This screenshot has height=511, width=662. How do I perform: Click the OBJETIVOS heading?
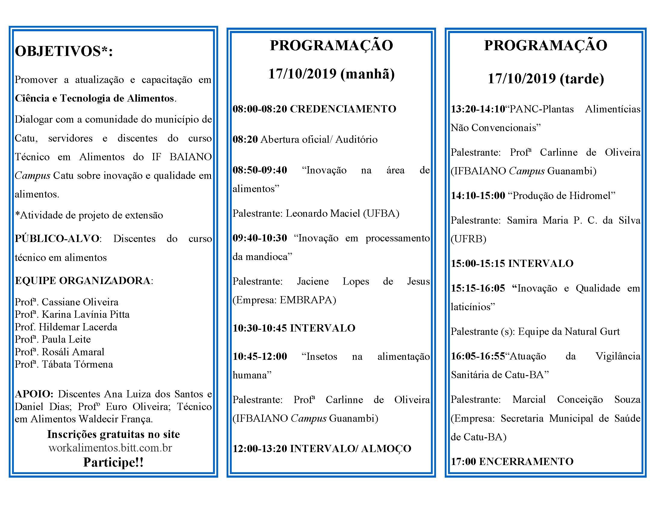coord(64,51)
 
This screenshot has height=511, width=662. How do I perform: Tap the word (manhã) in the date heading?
coord(367,74)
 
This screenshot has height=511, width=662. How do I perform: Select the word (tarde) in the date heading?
coord(582,79)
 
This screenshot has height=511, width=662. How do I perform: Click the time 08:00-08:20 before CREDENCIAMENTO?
coord(260,109)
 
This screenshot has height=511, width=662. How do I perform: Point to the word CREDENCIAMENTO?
coord(343,109)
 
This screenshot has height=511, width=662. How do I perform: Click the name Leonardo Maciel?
coord(323,213)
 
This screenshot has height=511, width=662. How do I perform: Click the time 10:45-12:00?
coord(260,356)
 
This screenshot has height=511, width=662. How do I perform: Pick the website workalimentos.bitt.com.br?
coord(110,448)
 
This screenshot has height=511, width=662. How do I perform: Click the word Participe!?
coord(113,462)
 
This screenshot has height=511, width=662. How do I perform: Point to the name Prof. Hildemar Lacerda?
coord(66,327)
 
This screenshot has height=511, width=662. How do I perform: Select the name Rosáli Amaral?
coord(73,352)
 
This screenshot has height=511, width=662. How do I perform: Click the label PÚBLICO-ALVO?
coord(57,239)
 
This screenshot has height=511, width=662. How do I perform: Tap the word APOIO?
coord(34,394)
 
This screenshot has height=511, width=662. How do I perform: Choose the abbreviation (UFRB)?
coord(468,239)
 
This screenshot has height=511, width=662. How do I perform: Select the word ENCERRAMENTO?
coord(526,461)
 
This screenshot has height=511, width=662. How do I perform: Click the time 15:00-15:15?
coord(478,263)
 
